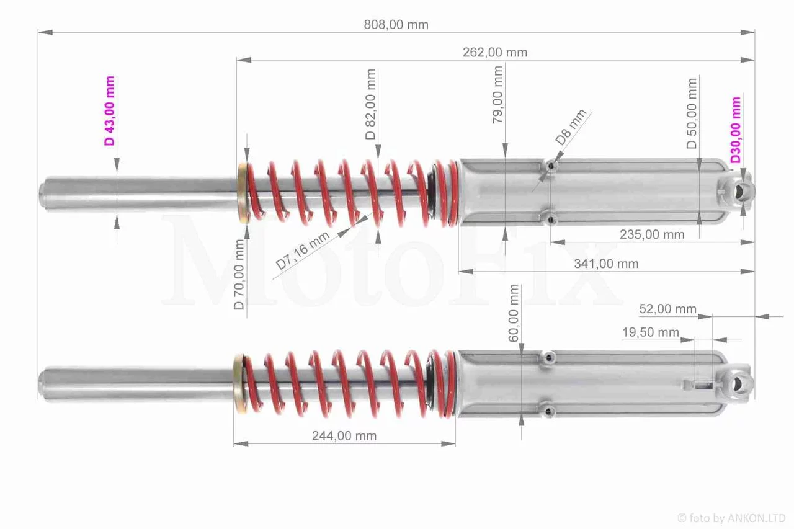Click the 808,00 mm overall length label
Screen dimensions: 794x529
coord(396,24)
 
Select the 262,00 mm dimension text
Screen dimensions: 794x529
coord(495,53)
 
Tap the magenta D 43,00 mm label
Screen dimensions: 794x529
coord(110,111)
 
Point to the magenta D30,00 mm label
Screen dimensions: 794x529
coord(736,130)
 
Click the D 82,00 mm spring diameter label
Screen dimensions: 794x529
coord(370,104)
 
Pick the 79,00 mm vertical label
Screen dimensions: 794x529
coord(497,95)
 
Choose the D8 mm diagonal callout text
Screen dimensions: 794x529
coord(571,127)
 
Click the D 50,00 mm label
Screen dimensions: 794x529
coord(692,113)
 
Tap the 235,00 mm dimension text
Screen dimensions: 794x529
coord(652,234)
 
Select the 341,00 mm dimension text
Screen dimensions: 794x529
coord(606,264)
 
